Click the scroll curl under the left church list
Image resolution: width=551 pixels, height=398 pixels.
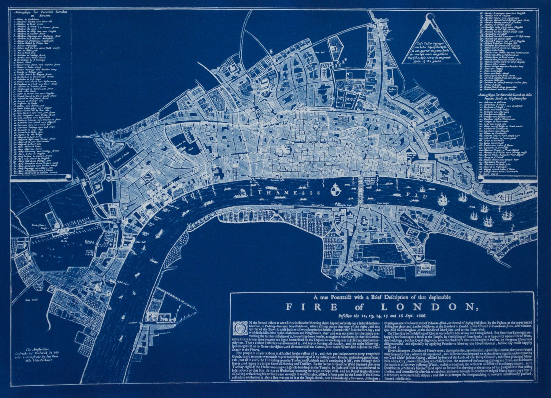[x=68, y=177]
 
